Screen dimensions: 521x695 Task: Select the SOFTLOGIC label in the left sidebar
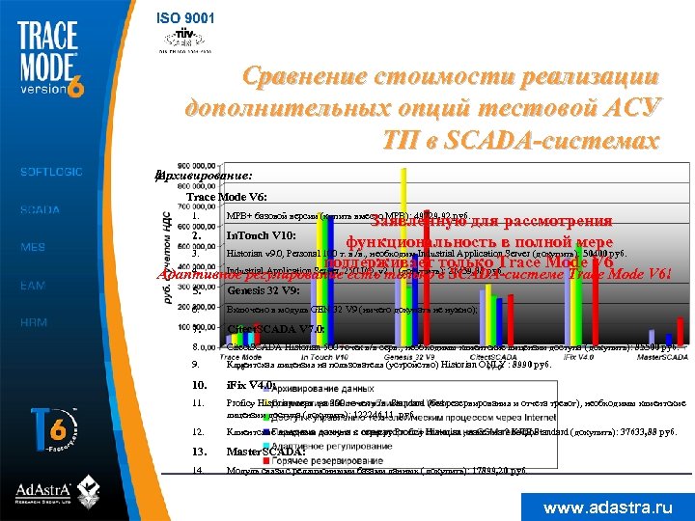[x=52, y=172]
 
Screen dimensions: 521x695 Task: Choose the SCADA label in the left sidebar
[x=41, y=209]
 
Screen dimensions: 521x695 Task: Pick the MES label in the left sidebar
[x=34, y=247]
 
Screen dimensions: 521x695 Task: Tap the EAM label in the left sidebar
[x=34, y=285]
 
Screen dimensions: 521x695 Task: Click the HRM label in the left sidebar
[x=35, y=322]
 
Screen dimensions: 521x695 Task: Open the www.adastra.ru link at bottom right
[x=607, y=506]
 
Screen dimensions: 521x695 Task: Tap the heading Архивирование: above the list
[x=204, y=177]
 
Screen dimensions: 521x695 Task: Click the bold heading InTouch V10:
[x=261, y=235]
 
